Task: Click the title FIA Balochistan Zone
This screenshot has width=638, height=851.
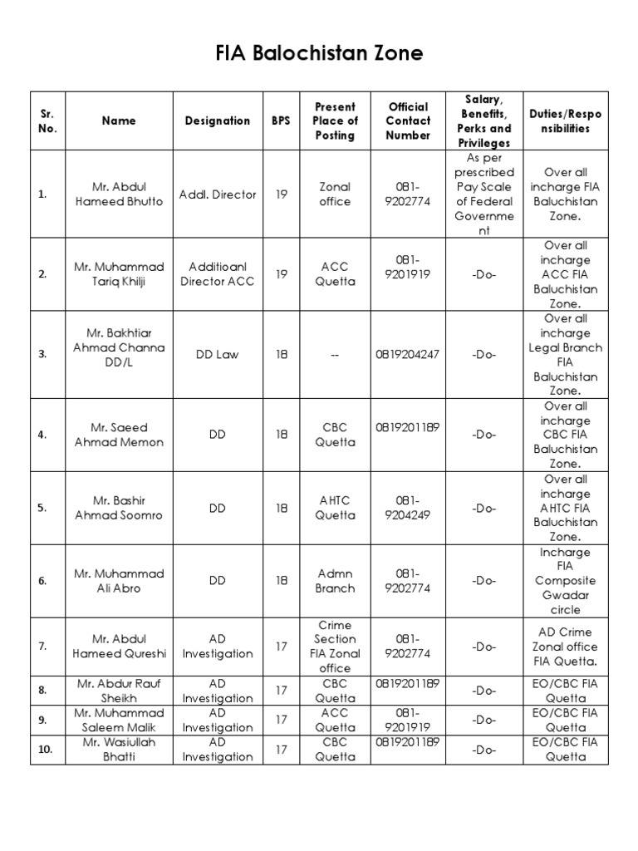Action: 319,54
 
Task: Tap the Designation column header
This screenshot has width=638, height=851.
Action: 217,121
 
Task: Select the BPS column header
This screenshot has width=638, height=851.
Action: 281,121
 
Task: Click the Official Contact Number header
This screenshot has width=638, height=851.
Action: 408,121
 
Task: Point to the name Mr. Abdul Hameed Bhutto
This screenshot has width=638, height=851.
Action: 119,194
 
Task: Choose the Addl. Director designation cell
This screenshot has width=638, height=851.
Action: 217,194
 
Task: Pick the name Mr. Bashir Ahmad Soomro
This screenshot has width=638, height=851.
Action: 119,508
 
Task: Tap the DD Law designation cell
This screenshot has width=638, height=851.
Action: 217,354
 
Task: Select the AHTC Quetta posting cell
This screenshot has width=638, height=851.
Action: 335,508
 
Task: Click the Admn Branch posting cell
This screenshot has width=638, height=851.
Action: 335,581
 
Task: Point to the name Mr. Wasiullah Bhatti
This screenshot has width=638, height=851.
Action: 119,749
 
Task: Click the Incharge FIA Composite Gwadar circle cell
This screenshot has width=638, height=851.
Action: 565,581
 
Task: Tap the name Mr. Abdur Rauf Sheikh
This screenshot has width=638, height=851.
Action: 119,691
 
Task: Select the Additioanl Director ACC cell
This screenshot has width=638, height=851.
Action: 217,274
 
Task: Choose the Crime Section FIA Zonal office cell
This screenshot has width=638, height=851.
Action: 335,647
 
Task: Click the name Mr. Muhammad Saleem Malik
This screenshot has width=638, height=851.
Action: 119,720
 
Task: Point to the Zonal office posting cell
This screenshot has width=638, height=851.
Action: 335,194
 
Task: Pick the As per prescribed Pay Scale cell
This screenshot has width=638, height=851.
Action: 484,194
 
